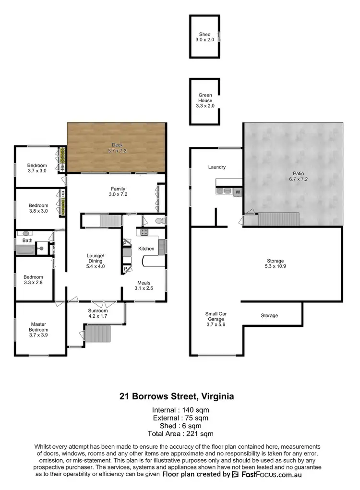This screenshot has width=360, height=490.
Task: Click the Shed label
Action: point(205,35)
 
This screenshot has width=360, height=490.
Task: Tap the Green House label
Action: point(205,98)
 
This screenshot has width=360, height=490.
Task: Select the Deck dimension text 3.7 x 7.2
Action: point(118,150)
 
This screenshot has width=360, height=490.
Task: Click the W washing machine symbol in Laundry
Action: point(238,192)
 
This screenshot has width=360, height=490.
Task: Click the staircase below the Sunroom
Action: point(97,333)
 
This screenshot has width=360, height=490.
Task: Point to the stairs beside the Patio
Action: point(278,219)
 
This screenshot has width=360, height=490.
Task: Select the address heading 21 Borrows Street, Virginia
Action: point(177,396)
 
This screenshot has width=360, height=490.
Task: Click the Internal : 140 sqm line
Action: point(180,410)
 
